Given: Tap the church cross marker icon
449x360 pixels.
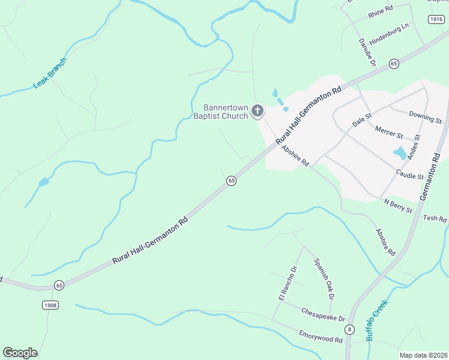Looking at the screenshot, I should (258, 110).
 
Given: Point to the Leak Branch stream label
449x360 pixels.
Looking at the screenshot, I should (50, 73).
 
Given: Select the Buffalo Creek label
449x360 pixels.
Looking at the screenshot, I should (377, 320).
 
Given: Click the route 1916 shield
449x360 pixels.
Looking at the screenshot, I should (436, 20).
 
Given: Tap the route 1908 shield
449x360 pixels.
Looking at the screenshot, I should (50, 305).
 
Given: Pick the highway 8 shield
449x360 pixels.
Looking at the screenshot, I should (349, 329).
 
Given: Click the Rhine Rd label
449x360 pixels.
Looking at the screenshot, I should (381, 9).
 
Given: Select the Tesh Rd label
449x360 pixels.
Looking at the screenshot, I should (435, 218).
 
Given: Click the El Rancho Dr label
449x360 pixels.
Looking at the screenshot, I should (284, 283).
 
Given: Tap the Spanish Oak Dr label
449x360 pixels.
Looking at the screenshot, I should (324, 278).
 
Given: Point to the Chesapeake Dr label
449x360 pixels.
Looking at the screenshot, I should (322, 314).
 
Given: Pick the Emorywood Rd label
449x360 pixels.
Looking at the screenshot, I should (321, 335).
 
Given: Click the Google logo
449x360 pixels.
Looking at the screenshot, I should (20, 353).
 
